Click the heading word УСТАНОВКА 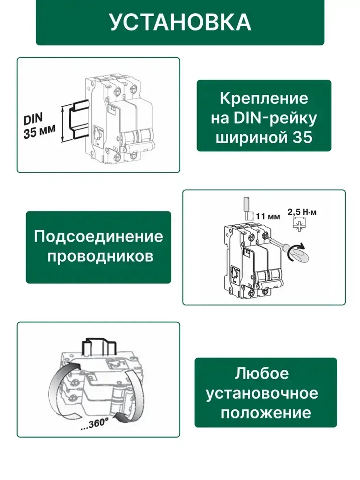tap(180, 22)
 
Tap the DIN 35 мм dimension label tap(39, 126)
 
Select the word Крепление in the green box tap(264, 98)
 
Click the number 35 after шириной tap(302, 138)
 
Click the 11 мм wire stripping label tap(268, 217)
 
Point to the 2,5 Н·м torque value tap(302, 212)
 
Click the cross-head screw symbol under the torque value tap(298, 225)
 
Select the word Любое tap(262, 373)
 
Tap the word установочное tap(262, 393)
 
